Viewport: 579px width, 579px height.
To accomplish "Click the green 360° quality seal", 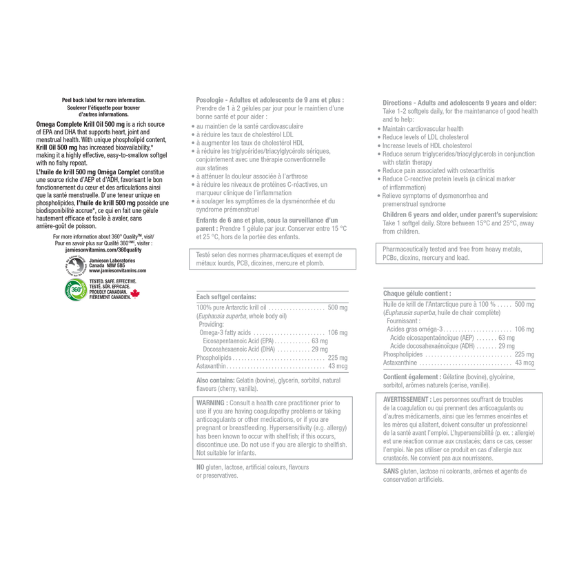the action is point(76,289).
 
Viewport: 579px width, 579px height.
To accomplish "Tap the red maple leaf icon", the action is point(135,294).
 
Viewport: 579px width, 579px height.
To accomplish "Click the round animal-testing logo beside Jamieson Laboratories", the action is point(76,265).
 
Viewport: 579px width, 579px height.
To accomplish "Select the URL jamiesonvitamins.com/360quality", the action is point(103,250).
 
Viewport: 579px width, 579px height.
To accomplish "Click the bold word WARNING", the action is point(210,403).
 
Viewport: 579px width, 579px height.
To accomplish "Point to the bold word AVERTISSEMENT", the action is point(405,400).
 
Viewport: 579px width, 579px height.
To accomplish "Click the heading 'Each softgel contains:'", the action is point(226,297).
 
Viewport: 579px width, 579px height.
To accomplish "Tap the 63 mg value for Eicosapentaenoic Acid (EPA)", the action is point(320,341).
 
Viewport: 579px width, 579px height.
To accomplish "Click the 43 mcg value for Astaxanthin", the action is point(338,366).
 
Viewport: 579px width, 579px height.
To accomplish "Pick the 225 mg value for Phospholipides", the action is point(525,354).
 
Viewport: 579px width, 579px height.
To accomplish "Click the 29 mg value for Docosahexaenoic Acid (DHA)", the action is point(320,349).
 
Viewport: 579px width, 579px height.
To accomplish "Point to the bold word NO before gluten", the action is point(200,467).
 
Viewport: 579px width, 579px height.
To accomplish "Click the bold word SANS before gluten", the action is point(391,471).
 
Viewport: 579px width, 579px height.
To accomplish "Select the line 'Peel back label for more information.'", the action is point(103,100).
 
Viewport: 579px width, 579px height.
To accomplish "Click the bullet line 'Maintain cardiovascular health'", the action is point(423,129).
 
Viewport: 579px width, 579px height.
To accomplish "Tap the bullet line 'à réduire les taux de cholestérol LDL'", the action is point(245,134).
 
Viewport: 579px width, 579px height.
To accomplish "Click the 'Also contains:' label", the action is point(215,380).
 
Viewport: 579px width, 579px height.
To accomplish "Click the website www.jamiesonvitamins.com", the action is point(117,271).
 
